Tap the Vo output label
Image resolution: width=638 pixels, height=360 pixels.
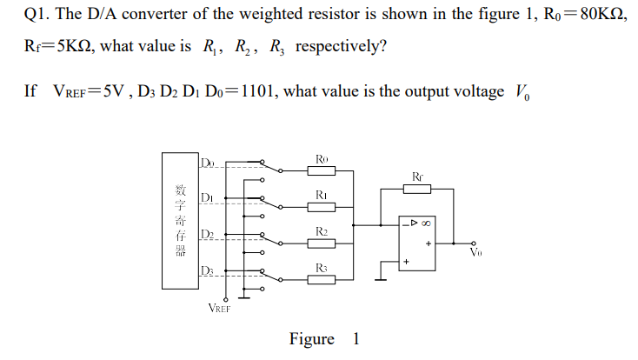click(475, 253)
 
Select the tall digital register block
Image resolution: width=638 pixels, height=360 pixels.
click(179, 220)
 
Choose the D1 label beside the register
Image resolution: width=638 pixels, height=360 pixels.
click(206, 197)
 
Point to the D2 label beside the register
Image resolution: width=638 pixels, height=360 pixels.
click(206, 234)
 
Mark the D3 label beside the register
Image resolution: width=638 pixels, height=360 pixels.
click(206, 271)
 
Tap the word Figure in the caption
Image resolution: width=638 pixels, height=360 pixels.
click(311, 339)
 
